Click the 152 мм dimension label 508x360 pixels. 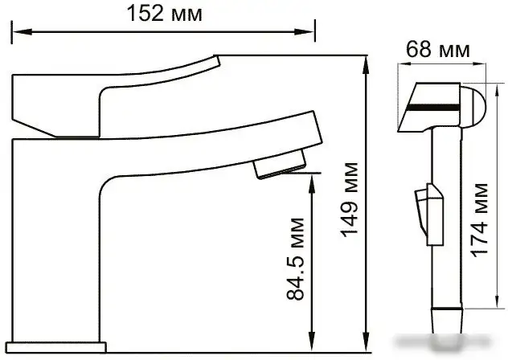coord(165,14)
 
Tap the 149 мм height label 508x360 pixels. coord(349,199)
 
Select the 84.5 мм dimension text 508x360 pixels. coord(296,259)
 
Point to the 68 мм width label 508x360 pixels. coord(438,50)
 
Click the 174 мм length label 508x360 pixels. coord(479,220)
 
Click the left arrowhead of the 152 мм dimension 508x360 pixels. coord(22,32)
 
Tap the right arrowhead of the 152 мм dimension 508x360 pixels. coord(304,32)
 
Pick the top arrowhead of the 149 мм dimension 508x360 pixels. coord(367,65)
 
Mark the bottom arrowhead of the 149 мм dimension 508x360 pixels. coord(367,342)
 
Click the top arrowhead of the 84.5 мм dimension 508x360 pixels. coord(312,184)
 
